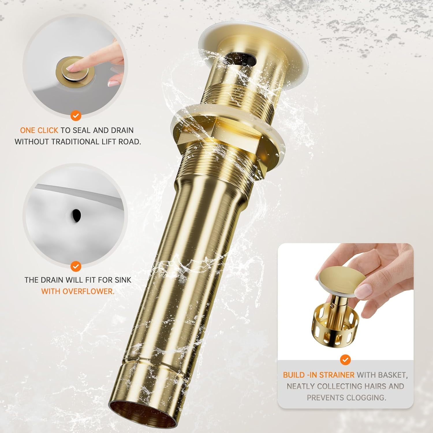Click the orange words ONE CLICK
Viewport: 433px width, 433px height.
(39, 130)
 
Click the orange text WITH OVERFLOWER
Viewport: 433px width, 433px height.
(78, 291)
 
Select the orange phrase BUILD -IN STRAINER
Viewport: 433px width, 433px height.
(318, 375)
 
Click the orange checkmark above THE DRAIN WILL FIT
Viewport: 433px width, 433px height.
(76, 266)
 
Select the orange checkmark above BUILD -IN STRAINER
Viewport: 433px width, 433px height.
(346, 360)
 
